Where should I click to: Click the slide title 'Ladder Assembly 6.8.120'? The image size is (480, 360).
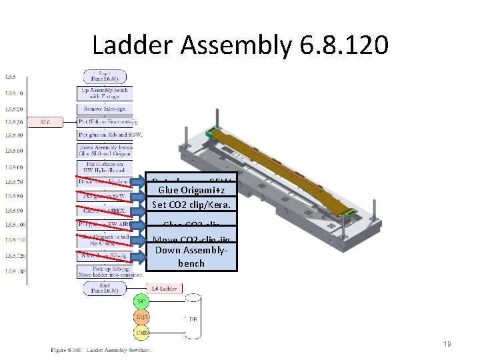coord(240,45)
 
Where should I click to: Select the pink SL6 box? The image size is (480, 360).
coord(45,122)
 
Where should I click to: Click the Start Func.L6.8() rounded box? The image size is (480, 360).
coord(105,76)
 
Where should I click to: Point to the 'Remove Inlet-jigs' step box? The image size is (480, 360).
coord(105,109)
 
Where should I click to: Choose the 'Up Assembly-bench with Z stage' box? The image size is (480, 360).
coord(105,93)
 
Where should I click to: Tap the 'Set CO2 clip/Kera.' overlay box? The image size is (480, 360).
coord(191,205)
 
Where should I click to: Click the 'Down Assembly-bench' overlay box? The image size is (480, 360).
coord(191,257)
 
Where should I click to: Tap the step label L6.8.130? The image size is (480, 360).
coord(14,272)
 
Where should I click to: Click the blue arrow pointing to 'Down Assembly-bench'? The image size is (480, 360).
coord(138,256)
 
